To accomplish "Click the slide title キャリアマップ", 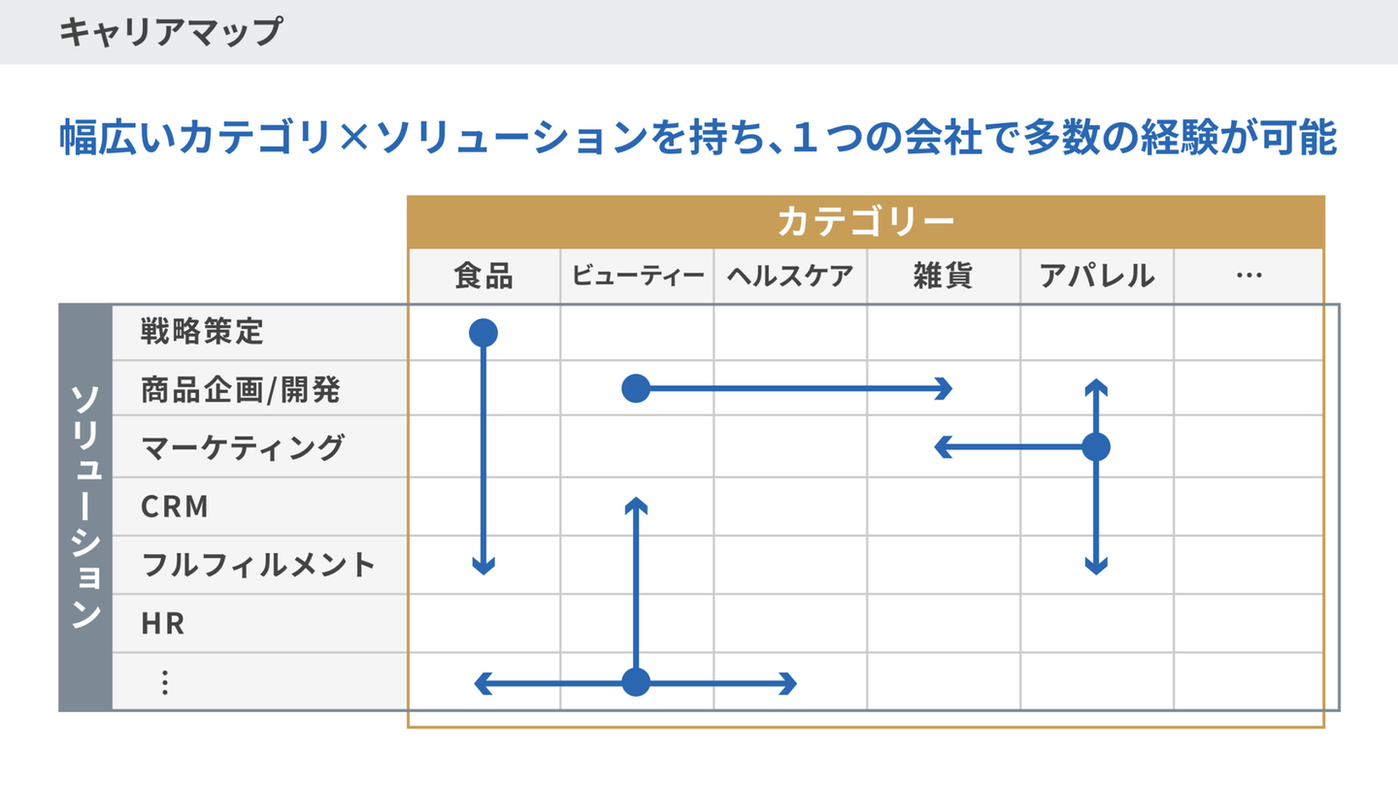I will pyautogui.click(x=170, y=32).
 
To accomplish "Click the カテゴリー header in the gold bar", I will pyautogui.click(x=865, y=222).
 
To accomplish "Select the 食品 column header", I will pyautogui.click(x=483, y=277).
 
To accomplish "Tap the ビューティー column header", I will pyautogui.click(x=637, y=277).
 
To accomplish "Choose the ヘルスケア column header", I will pyautogui.click(x=790, y=277).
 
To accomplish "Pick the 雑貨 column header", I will pyautogui.click(x=943, y=277).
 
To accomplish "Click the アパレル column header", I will pyautogui.click(x=1097, y=277).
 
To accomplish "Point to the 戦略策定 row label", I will pyautogui.click(x=202, y=332).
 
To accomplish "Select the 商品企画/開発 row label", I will pyautogui.click(x=241, y=390).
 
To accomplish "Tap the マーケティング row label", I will pyautogui.click(x=243, y=447).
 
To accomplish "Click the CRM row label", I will pyautogui.click(x=175, y=507).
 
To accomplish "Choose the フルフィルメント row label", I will pyautogui.click(x=258, y=565).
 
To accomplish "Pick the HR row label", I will pyautogui.click(x=163, y=623).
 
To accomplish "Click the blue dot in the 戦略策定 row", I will pyautogui.click(x=483, y=333).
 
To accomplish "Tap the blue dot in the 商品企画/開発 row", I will pyautogui.click(x=636, y=389).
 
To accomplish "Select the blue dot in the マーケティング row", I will pyautogui.click(x=1096, y=447).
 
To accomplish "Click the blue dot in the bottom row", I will pyautogui.click(x=636, y=682).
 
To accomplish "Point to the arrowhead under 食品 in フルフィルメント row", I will pyautogui.click(x=483, y=567).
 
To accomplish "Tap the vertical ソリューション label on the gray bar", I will pyautogui.click(x=85, y=507).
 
